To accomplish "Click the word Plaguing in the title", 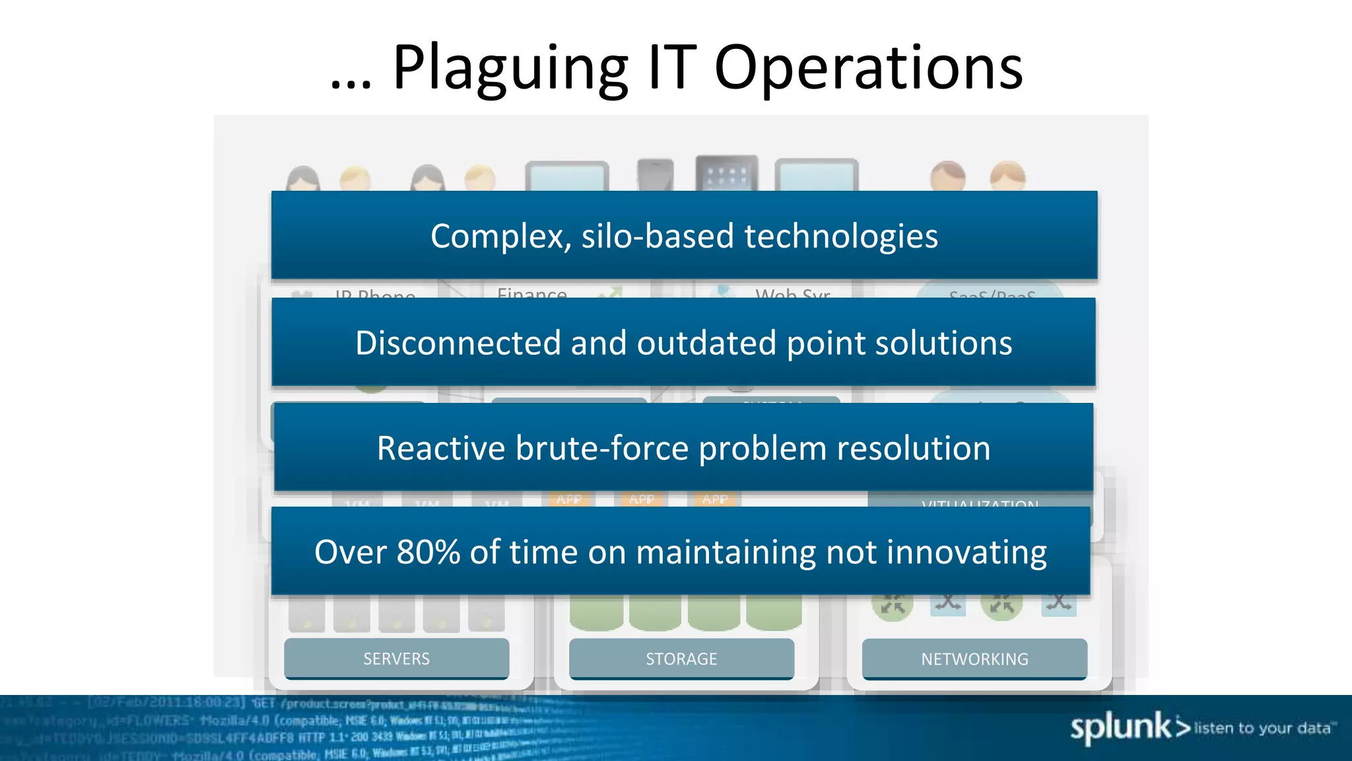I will click(510, 68).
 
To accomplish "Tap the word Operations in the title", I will click(868, 68).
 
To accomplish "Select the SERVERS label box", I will click(396, 659).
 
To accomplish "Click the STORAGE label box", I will click(681, 659).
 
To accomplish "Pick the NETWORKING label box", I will click(974, 659).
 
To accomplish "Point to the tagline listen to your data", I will click(1264, 728).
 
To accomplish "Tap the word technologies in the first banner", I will click(840, 236).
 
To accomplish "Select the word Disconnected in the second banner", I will click(458, 343).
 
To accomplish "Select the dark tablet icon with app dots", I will click(726, 174).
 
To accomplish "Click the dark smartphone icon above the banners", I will click(655, 176).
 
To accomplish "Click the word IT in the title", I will click(672, 68).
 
